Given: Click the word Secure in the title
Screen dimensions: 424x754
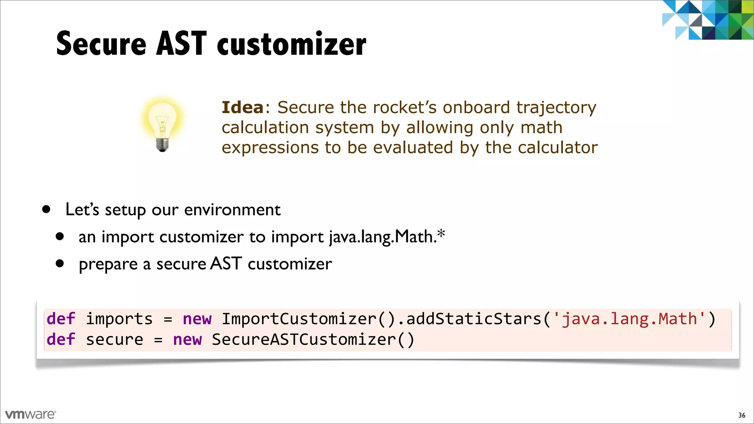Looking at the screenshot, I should [x=101, y=44].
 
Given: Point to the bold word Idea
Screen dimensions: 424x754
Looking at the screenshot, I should [x=243, y=107].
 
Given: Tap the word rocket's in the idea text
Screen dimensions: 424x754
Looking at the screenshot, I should [x=405, y=107].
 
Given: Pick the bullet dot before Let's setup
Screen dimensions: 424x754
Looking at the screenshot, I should [x=46, y=209].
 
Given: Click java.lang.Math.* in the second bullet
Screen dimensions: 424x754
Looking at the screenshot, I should [x=387, y=236].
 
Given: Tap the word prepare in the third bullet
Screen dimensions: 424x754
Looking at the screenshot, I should [x=108, y=264].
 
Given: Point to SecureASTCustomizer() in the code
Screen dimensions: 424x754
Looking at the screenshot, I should [x=313, y=339].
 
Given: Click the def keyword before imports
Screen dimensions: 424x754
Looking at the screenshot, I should [x=61, y=319].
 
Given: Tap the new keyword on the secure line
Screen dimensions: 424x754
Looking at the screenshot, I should [x=187, y=339].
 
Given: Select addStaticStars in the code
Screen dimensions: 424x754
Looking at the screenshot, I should [x=474, y=319].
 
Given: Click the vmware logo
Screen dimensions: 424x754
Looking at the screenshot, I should [x=31, y=414].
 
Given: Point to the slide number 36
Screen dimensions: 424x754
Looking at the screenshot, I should [x=741, y=415].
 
